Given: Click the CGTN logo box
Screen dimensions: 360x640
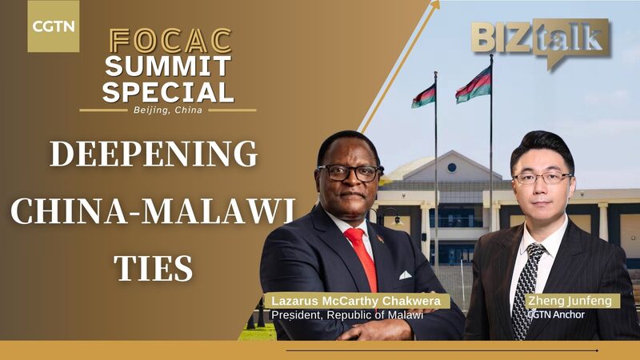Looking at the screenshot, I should tap(54, 26).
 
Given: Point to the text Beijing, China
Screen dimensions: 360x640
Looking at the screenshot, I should tap(169, 110).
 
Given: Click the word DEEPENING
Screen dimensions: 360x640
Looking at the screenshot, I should tap(154, 153).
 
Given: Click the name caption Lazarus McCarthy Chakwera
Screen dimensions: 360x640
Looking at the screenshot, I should tap(357, 302).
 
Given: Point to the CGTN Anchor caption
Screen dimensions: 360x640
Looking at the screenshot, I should tap(557, 314).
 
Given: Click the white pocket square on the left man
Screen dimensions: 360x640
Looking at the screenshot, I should tap(405, 274).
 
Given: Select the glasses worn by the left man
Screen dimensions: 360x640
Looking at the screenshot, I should tap(349, 171).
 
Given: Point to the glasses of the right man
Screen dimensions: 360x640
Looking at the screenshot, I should tap(542, 178).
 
